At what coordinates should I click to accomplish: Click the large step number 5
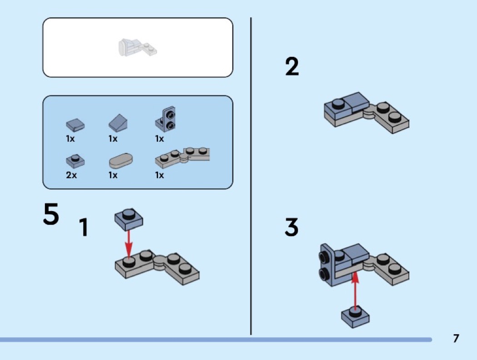coord(51,214)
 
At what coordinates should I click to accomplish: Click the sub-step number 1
coord(83,227)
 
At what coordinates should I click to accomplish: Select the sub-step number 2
coord(292,67)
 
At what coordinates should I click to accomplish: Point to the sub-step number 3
coord(292,227)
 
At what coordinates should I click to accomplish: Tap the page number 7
coord(456,338)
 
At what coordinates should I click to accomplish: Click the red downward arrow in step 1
coord(129,243)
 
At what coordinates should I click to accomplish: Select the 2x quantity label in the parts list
coord(71,175)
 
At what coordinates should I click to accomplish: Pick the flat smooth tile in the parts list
coord(75,124)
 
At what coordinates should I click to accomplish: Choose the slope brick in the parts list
coord(118,122)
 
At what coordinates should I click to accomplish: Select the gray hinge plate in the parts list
coord(183,156)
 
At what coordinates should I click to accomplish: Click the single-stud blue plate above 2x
coord(75,159)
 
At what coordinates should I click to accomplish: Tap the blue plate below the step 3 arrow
coord(355,315)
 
